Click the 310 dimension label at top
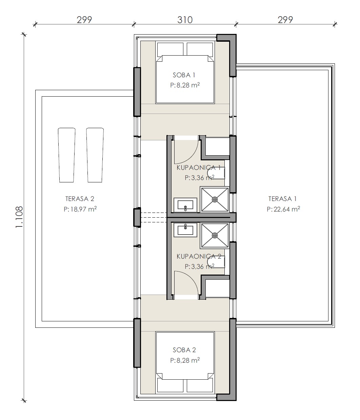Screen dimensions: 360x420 point(185,20)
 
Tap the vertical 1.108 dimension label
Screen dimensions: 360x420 point(20,217)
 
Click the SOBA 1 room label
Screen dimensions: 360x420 point(184,75)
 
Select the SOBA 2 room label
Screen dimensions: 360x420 point(184,350)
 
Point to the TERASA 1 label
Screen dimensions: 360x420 point(282,199)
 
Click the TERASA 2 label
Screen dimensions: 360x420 point(80,199)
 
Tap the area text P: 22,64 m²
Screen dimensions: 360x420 point(283,209)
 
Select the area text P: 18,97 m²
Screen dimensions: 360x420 point(80,209)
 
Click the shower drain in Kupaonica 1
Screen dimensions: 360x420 point(215,200)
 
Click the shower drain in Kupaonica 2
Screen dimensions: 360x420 point(215,236)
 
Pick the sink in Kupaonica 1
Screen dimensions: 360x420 point(185,205)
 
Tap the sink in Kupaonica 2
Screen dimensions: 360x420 point(185,230)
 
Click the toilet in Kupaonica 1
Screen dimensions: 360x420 point(216,173)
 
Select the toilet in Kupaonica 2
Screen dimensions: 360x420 point(216,262)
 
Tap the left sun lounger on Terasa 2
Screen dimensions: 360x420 point(67,155)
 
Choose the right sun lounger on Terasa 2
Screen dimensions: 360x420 point(95,155)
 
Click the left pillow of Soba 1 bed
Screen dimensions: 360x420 point(170,49)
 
